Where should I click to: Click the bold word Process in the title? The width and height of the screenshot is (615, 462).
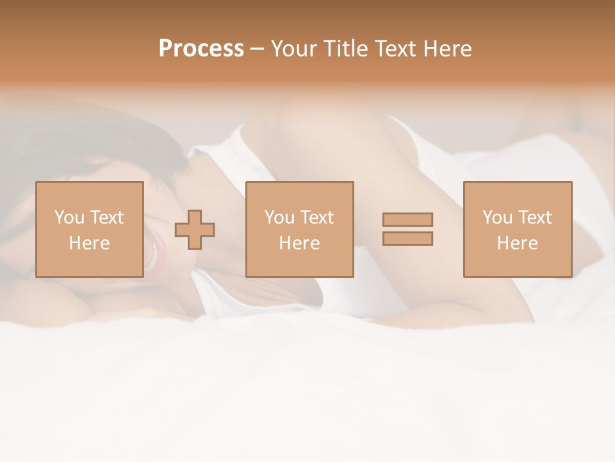click(201, 49)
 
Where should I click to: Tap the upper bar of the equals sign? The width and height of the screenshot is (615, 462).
click(407, 219)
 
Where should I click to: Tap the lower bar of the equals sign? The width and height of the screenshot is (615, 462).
click(407, 238)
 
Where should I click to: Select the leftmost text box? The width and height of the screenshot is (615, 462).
click(89, 230)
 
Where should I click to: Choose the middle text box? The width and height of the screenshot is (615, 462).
click(299, 230)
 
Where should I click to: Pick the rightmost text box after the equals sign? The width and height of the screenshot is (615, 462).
click(517, 230)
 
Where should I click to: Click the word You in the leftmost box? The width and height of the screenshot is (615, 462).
click(68, 218)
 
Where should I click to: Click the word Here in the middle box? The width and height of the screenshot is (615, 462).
click(299, 243)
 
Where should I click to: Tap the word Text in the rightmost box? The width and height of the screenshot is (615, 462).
click(534, 218)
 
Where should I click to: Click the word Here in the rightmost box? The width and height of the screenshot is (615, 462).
click(517, 243)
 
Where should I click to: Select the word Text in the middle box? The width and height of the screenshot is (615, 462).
click(316, 218)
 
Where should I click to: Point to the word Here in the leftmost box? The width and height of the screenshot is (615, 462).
click(89, 243)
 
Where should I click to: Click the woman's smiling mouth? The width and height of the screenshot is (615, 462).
click(154, 253)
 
